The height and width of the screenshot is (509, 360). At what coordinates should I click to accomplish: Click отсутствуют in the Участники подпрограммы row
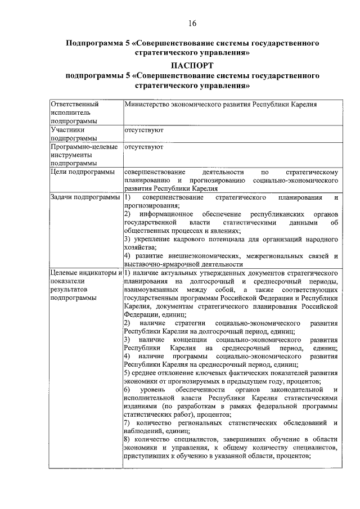[x=144, y=129]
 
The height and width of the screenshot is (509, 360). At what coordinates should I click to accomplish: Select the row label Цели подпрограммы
[x=83, y=172]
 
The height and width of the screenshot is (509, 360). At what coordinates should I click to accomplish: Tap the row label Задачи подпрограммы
[x=85, y=197]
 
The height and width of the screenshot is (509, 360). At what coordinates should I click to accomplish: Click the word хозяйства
[x=140, y=247]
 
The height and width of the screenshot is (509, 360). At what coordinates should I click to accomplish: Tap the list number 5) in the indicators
[x=128, y=373]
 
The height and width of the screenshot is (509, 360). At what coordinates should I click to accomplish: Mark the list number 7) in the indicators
[x=128, y=422]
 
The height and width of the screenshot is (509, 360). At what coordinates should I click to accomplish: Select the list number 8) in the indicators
[x=128, y=439]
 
